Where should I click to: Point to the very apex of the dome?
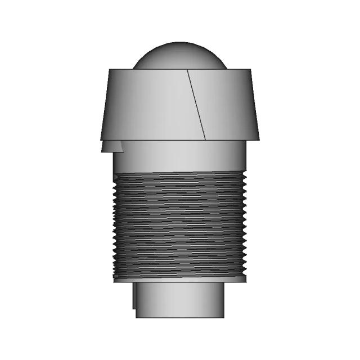point(180,42)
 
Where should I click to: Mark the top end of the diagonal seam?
point(187,70)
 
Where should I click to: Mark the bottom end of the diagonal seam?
point(206,139)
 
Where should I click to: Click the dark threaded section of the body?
point(180,225)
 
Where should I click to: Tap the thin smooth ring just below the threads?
point(180,278)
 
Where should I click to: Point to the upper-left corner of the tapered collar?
point(109,69)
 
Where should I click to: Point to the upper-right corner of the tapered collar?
point(250,69)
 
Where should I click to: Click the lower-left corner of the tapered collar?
point(100,139)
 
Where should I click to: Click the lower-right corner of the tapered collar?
point(260,138)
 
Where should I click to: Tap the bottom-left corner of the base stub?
point(136,317)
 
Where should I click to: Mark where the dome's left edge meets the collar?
point(133,69)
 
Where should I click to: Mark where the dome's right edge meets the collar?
point(227,69)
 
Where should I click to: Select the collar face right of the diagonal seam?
point(228,104)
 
